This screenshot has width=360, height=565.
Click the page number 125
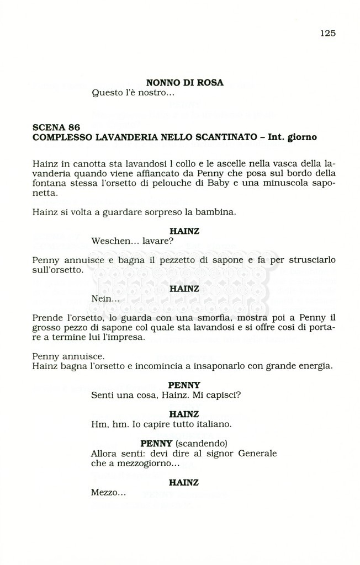pos(327,33)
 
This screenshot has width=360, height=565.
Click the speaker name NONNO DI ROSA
pos(184,83)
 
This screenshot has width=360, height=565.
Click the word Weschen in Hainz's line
pos(110,241)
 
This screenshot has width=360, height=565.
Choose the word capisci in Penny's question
pos(222,395)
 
